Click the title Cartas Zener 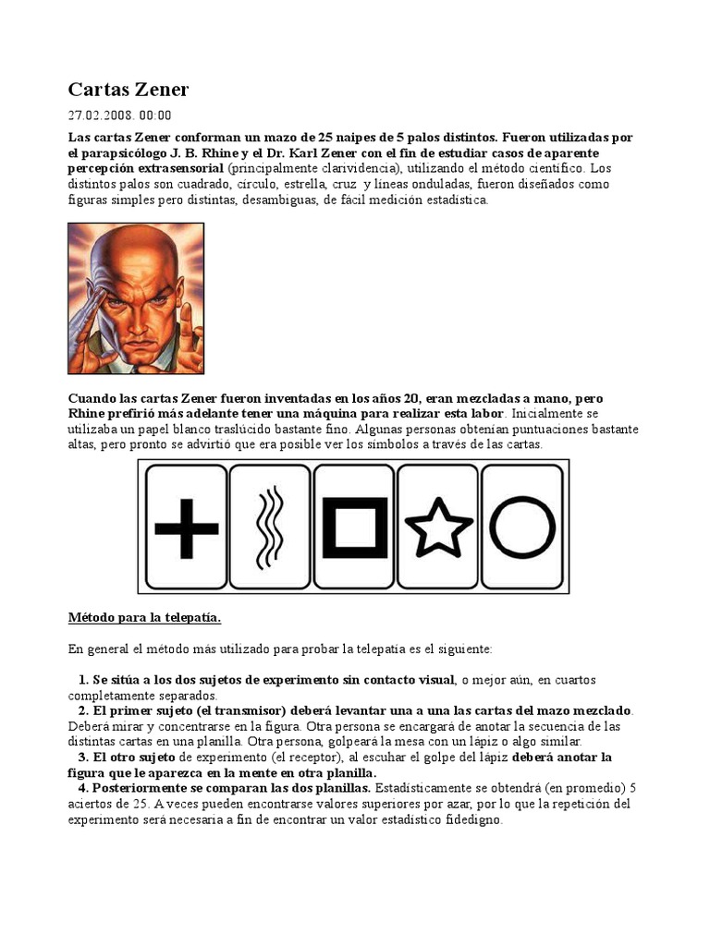click(128, 90)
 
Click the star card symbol click(438, 528)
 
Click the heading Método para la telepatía click(145, 617)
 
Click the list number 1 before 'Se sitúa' click(82, 681)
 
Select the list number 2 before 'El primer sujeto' click(82, 711)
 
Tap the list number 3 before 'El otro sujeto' click(82, 757)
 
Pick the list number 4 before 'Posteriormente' click(82, 787)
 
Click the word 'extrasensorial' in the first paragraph click(177, 168)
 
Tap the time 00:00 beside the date click(155, 115)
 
